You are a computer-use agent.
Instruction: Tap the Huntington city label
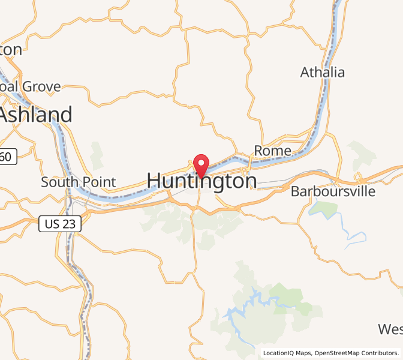tap(201, 181)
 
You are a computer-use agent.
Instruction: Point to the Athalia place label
tap(323, 73)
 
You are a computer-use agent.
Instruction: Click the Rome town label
tap(273, 151)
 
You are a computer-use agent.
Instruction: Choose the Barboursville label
tap(333, 191)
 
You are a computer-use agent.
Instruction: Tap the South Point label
tap(69, 181)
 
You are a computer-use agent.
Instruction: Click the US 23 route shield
tap(59, 223)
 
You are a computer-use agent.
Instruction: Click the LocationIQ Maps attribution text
tap(287, 353)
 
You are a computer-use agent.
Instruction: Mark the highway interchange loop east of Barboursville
tap(359, 177)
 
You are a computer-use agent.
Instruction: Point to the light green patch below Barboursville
tap(324, 209)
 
